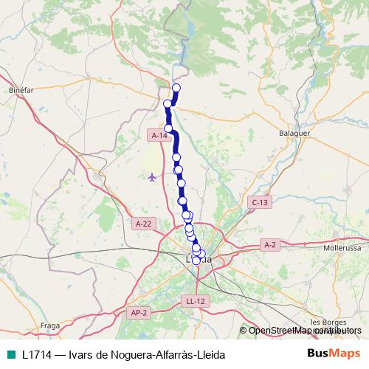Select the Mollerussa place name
pyautogui.click(x=341, y=249)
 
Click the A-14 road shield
pyautogui.click(x=158, y=136)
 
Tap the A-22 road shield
pyautogui.click(x=143, y=223)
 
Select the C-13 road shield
pyautogui.click(x=259, y=202)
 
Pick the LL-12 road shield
pyautogui.click(x=196, y=300)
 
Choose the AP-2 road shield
pyautogui.click(x=139, y=313)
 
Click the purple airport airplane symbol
pyautogui.click(x=152, y=177)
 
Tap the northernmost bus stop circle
pyautogui.click(x=176, y=89)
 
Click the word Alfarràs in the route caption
pyautogui.click(x=154, y=354)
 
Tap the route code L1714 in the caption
pyautogui.click(x=36, y=354)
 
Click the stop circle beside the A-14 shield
pyautogui.click(x=169, y=128)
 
